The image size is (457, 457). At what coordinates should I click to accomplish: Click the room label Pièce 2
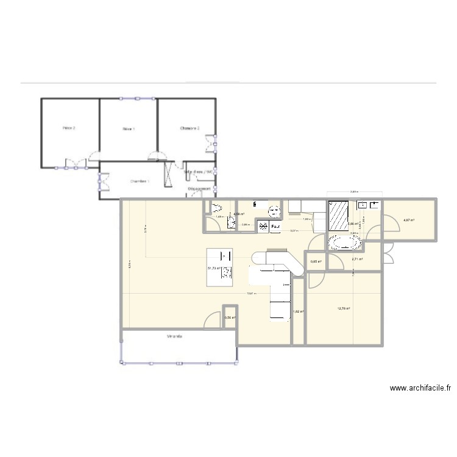coord(69,129)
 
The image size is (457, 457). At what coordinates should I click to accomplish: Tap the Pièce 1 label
coord(129,129)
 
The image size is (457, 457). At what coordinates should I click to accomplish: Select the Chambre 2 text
coord(190,128)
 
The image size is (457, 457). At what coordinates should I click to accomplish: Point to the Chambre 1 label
coord(139,181)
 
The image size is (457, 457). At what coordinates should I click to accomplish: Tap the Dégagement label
coord(199,189)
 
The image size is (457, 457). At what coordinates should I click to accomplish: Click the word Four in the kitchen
coord(275,227)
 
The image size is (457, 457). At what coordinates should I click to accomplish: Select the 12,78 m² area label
coord(344,309)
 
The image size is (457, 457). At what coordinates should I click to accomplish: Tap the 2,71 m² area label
coord(357,259)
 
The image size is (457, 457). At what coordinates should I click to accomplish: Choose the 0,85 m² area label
coord(316,261)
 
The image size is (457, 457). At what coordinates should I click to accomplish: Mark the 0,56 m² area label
coord(230,317)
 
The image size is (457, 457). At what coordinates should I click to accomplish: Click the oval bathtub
coord(345,244)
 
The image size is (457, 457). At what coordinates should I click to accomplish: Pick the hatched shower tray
coord(338,216)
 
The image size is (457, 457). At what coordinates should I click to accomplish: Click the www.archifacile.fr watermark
coord(421,388)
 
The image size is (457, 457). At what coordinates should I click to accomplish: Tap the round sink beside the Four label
coord(274,211)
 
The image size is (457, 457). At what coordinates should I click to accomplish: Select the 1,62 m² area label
coord(298,312)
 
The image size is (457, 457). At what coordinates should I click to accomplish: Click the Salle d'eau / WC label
coord(199,172)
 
